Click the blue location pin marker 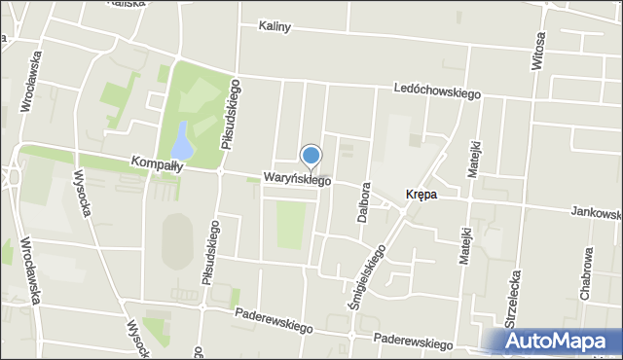click(x=311, y=156)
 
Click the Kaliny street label click(x=275, y=26)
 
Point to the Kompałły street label click(x=157, y=165)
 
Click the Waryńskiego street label click(x=297, y=179)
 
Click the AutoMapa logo click(x=555, y=341)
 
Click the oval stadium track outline click(x=176, y=240)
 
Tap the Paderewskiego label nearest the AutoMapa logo click(x=414, y=342)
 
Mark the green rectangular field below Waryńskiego click(x=290, y=225)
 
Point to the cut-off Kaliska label click(x=128, y=4)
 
